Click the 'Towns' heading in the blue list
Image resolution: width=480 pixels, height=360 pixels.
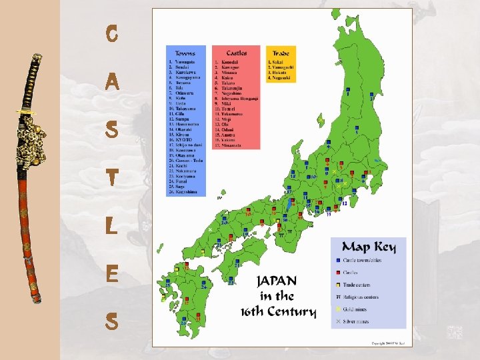click(185, 53)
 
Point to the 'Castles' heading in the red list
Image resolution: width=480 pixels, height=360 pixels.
click(236, 53)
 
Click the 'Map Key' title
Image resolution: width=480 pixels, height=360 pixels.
click(368, 247)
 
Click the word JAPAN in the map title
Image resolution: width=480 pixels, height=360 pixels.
click(277, 281)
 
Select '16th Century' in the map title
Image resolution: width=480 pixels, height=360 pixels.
click(278, 311)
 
